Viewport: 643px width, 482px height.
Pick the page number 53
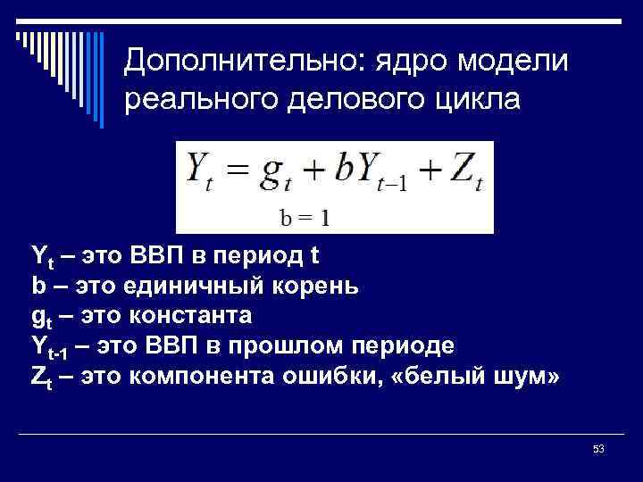(598, 449)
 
